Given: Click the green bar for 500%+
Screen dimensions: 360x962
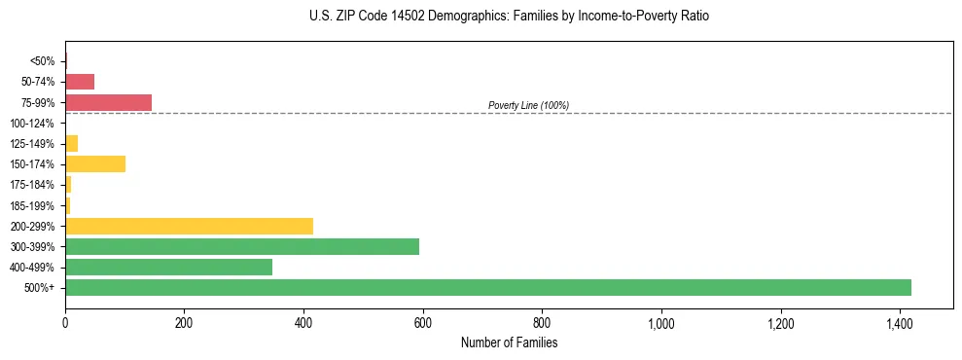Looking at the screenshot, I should pyautogui.click(x=487, y=287).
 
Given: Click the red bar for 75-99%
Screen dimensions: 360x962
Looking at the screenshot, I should pyautogui.click(x=108, y=102).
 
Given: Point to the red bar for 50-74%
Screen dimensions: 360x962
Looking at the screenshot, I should pyautogui.click(x=80, y=82).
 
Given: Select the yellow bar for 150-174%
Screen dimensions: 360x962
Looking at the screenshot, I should pyautogui.click(x=95, y=163).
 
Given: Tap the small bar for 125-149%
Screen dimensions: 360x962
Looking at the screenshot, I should pyautogui.click(x=71, y=143).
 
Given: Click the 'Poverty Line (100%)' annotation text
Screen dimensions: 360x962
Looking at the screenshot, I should pyautogui.click(x=528, y=105).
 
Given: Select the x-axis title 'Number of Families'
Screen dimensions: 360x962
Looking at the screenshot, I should pyautogui.click(x=509, y=342).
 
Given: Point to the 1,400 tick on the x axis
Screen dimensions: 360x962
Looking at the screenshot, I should pyautogui.click(x=900, y=323).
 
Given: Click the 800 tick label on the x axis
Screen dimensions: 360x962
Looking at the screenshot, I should pyautogui.click(x=542, y=323).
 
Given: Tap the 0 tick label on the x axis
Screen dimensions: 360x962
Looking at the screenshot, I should pyautogui.click(x=65, y=323).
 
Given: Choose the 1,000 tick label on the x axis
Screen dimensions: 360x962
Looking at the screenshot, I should pyautogui.click(x=661, y=323).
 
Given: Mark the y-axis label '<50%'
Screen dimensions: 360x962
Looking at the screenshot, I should pyautogui.click(x=43, y=61).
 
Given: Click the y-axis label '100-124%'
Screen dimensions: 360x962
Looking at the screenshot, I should pyautogui.click(x=31, y=124).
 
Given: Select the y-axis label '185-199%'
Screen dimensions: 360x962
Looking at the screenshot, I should pyautogui.click(x=31, y=205).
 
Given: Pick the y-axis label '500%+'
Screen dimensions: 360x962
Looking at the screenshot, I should pyautogui.click(x=39, y=288).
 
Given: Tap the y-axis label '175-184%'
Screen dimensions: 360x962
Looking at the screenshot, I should pyautogui.click(x=31, y=185).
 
